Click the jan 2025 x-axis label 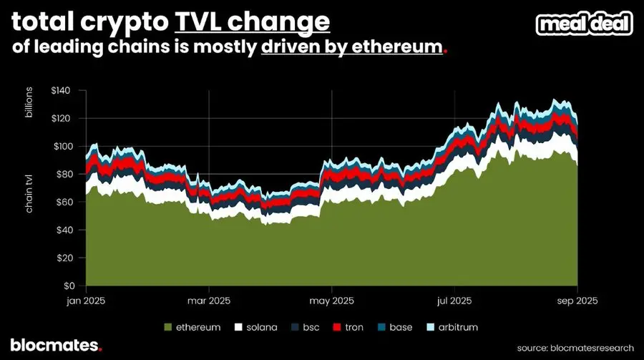tap(86, 301)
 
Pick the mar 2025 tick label tap(208, 301)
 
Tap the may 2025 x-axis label tap(332, 301)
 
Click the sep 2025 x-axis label tap(577, 301)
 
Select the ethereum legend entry tap(192, 327)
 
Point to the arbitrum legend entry tap(452, 327)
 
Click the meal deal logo tap(585, 24)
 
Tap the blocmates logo tap(56, 346)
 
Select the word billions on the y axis tap(30, 104)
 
